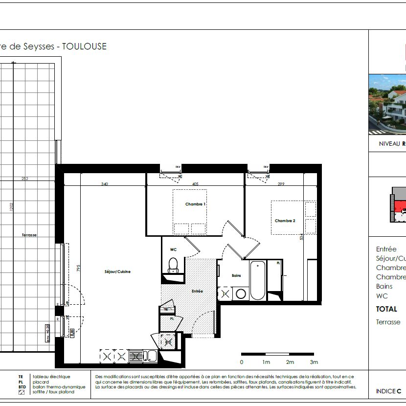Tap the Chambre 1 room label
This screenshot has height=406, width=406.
click(x=195, y=204)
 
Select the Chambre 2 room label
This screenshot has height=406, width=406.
click(x=285, y=221)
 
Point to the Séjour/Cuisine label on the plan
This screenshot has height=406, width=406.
click(x=117, y=271)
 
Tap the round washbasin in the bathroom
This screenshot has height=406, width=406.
click(x=240, y=294)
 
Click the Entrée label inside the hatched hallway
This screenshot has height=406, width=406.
click(x=197, y=291)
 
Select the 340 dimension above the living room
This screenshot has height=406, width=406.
click(x=104, y=184)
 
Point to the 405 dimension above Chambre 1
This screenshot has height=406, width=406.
click(x=195, y=184)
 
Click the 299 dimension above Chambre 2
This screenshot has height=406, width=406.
click(x=281, y=184)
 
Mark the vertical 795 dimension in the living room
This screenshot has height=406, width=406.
click(x=78, y=269)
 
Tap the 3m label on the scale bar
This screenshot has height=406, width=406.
click(x=314, y=362)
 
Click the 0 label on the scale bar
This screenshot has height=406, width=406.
click(x=242, y=362)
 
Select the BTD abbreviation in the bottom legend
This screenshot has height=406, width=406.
click(x=22, y=387)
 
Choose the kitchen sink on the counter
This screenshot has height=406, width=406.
click(x=152, y=357)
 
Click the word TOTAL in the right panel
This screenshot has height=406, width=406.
click(x=386, y=309)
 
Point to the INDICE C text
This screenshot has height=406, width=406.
click(x=388, y=391)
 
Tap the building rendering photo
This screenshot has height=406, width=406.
click(x=387, y=104)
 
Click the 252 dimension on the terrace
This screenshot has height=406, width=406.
click(x=25, y=179)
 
